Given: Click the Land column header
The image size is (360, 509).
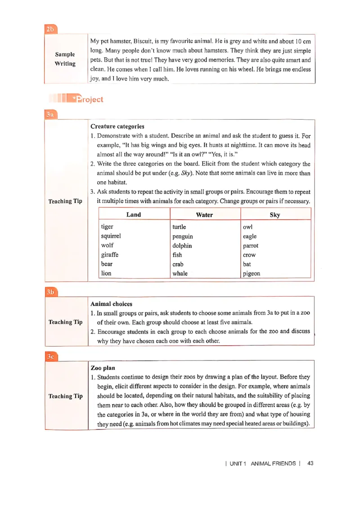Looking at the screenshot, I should click(134, 214).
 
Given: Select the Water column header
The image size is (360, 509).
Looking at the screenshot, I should click(205, 214).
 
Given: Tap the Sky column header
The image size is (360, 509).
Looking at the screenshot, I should click(275, 214).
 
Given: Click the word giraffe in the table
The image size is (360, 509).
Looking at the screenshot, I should click(110, 255).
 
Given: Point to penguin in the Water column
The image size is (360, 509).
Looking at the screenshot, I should click(183, 237).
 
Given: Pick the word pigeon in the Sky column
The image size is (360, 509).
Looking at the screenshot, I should click(252, 273).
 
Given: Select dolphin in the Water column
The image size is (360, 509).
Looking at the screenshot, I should click(182, 246).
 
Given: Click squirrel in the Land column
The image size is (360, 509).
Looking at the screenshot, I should click(111, 236).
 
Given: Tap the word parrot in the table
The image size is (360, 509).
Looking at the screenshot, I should click(251, 246).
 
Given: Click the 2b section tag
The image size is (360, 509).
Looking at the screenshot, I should click(50, 30).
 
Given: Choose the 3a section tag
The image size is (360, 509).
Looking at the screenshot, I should click(50, 115).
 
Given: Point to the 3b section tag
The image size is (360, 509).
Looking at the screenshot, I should click(50, 292).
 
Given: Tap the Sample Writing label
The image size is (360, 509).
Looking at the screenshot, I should click(65, 59).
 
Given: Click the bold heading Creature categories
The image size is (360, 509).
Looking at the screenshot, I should click(117, 126).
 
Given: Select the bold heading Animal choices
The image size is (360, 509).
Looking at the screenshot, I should click(112, 304).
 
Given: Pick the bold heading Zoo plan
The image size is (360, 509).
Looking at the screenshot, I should click(103, 368).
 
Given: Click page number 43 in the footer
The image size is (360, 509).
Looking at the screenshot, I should click(310, 463).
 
